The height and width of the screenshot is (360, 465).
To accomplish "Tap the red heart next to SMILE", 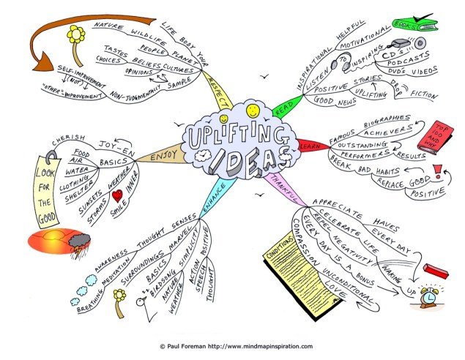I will [115, 196].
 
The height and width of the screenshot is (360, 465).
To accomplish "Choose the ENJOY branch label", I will [162, 155].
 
